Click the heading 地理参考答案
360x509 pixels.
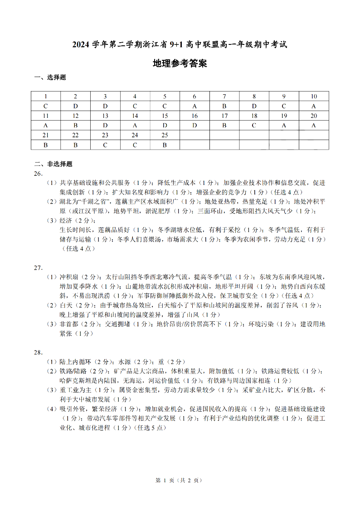click(x=180, y=64)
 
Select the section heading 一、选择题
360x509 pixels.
click(x=50, y=78)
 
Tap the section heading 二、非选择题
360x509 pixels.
click(x=53, y=164)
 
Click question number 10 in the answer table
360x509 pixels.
click(x=314, y=97)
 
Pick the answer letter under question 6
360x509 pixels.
click(x=195, y=106)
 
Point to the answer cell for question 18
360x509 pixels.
click(x=254, y=126)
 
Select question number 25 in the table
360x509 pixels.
click(x=165, y=135)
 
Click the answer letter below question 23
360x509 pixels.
click(x=105, y=145)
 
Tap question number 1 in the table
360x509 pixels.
click(x=46, y=97)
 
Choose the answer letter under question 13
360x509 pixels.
click(x=105, y=126)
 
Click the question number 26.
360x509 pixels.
click(x=39, y=174)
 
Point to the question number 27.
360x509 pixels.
click(x=39, y=267)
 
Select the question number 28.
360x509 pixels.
click(x=39, y=352)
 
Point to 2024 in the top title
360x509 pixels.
click(x=81, y=44)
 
